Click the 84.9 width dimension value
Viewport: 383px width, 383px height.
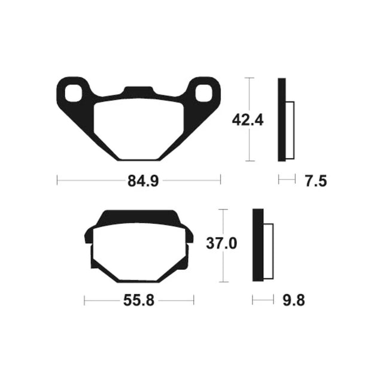coord(143,181)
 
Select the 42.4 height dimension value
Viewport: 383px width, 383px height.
coord(248,120)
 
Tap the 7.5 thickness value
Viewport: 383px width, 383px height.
coord(316,181)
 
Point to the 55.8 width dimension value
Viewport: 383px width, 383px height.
coord(139,300)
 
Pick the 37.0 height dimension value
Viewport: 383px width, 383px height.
coord(221,244)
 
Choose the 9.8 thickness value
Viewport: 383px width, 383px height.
coord(294,300)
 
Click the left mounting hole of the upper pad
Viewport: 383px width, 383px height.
coord(73,93)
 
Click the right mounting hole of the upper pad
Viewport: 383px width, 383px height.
coord(204,93)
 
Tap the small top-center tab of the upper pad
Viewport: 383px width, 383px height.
coord(139,90)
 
